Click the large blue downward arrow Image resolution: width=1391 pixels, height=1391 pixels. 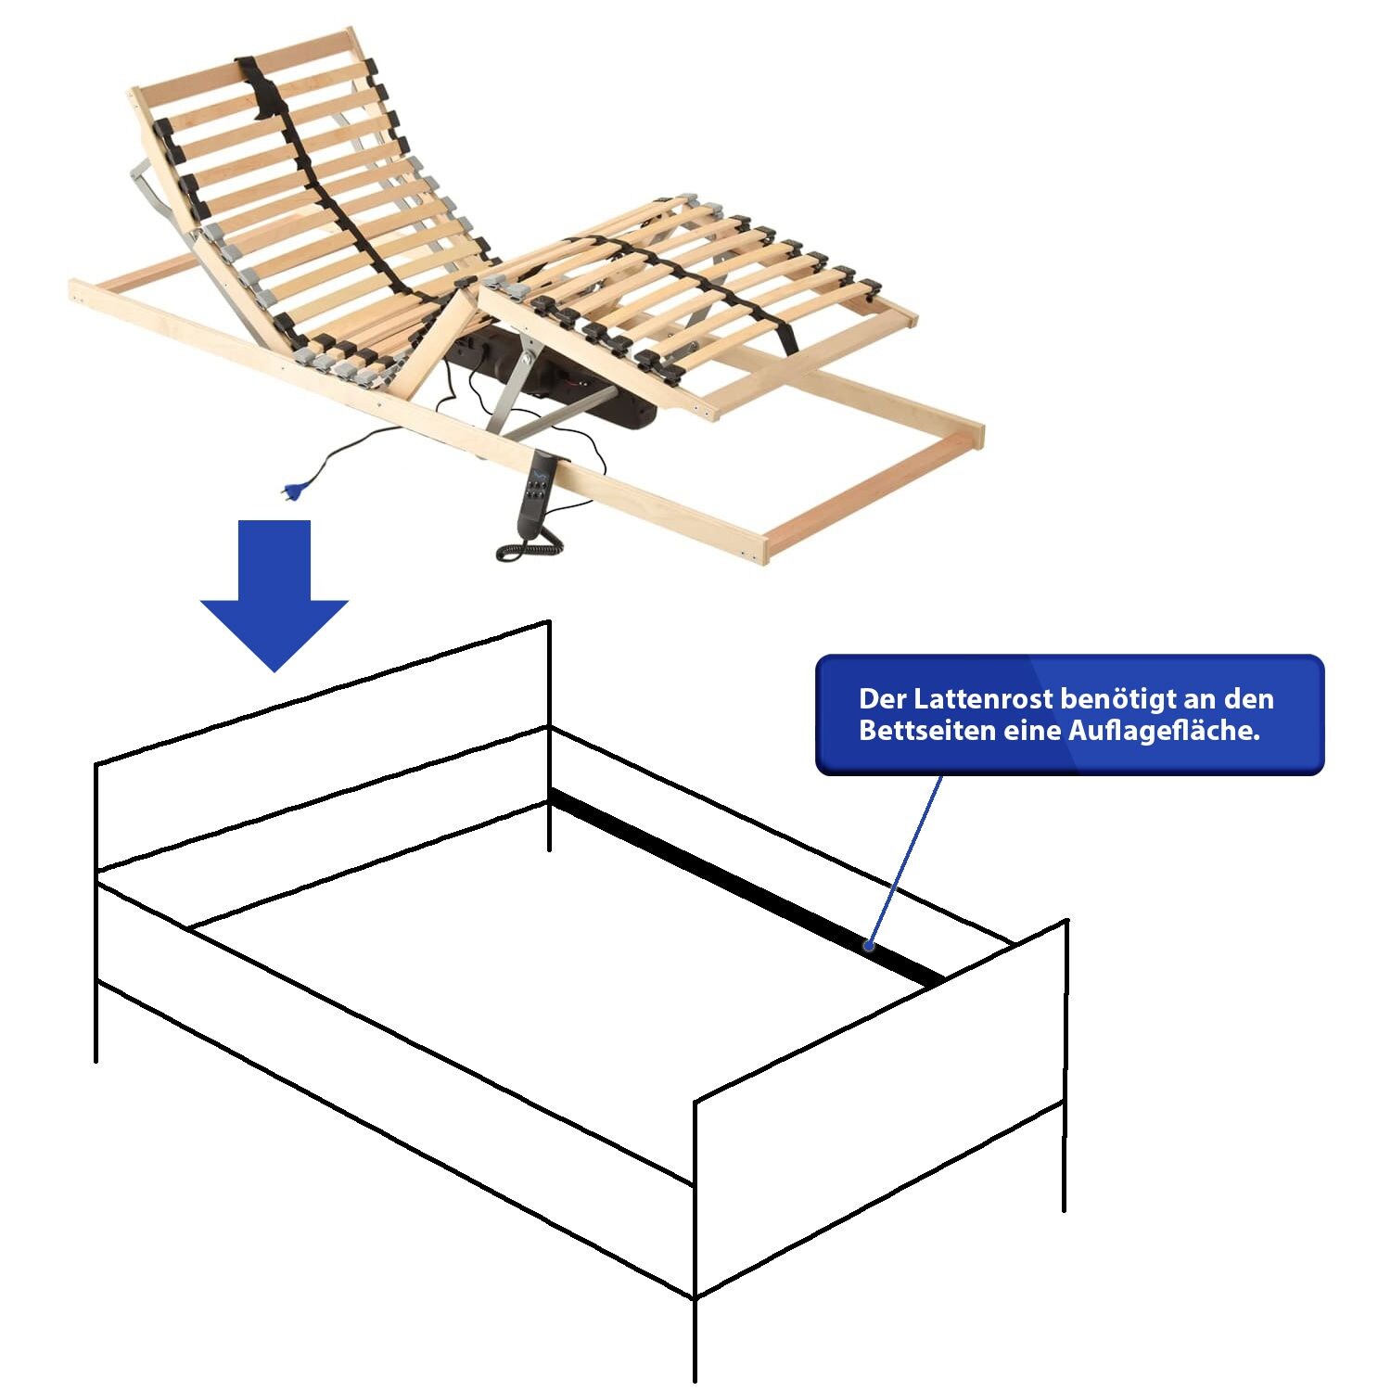click(274, 593)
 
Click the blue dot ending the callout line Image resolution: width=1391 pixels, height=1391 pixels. click(869, 946)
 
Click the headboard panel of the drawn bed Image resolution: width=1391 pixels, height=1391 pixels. click(323, 747)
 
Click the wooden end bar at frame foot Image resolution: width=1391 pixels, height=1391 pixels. click(873, 492)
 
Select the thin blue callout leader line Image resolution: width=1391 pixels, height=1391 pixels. click(906, 861)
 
